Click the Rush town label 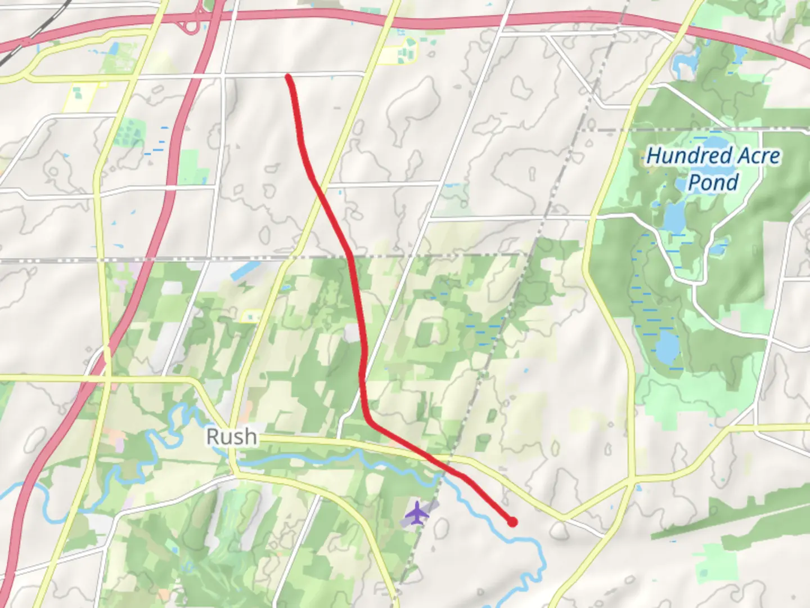click(x=232, y=437)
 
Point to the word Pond click(x=713, y=182)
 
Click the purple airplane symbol click(x=417, y=513)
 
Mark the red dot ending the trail click(x=512, y=522)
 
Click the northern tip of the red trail click(x=288, y=75)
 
